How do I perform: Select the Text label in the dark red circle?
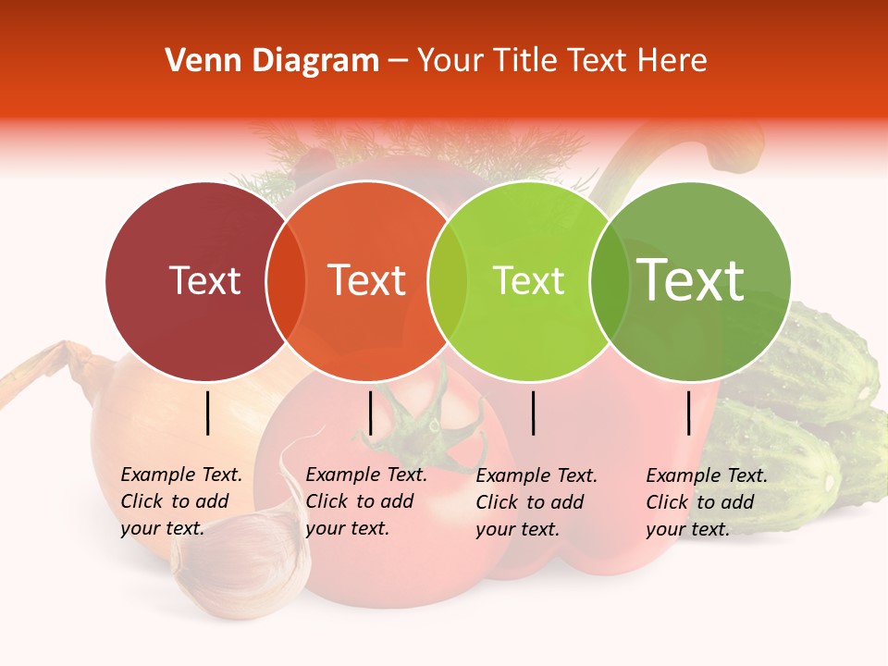click(x=204, y=281)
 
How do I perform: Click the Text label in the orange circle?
click(x=367, y=281)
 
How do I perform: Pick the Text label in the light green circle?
click(x=528, y=281)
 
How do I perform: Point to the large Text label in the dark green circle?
click(x=690, y=280)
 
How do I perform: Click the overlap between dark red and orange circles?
click(x=286, y=281)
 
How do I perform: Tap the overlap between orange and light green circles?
click(x=448, y=281)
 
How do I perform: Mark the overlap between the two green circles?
click(x=609, y=281)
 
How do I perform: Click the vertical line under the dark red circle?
click(x=208, y=413)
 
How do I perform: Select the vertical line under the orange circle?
click(x=370, y=413)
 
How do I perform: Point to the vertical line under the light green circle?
click(x=534, y=413)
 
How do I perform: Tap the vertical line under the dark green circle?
click(x=689, y=413)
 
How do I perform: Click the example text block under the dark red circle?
click(x=180, y=501)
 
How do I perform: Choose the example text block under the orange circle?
click(x=365, y=501)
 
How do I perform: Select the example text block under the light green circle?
click(x=536, y=502)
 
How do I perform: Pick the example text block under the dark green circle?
click(x=706, y=502)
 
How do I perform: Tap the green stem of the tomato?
click(x=428, y=425)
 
